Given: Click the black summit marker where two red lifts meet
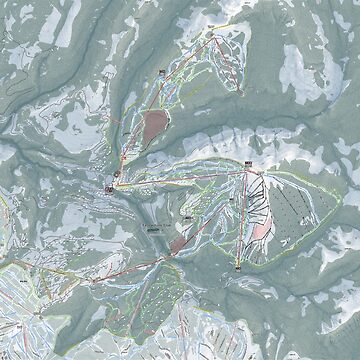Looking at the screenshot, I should (247, 163).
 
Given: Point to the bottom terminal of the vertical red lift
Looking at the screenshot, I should (242, 268).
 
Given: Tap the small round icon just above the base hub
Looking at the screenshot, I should (117, 174).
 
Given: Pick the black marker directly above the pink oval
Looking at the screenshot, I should (159, 73).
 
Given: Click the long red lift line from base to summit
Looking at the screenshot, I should (180, 176).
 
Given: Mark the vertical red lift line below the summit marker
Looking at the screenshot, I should (245, 215).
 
